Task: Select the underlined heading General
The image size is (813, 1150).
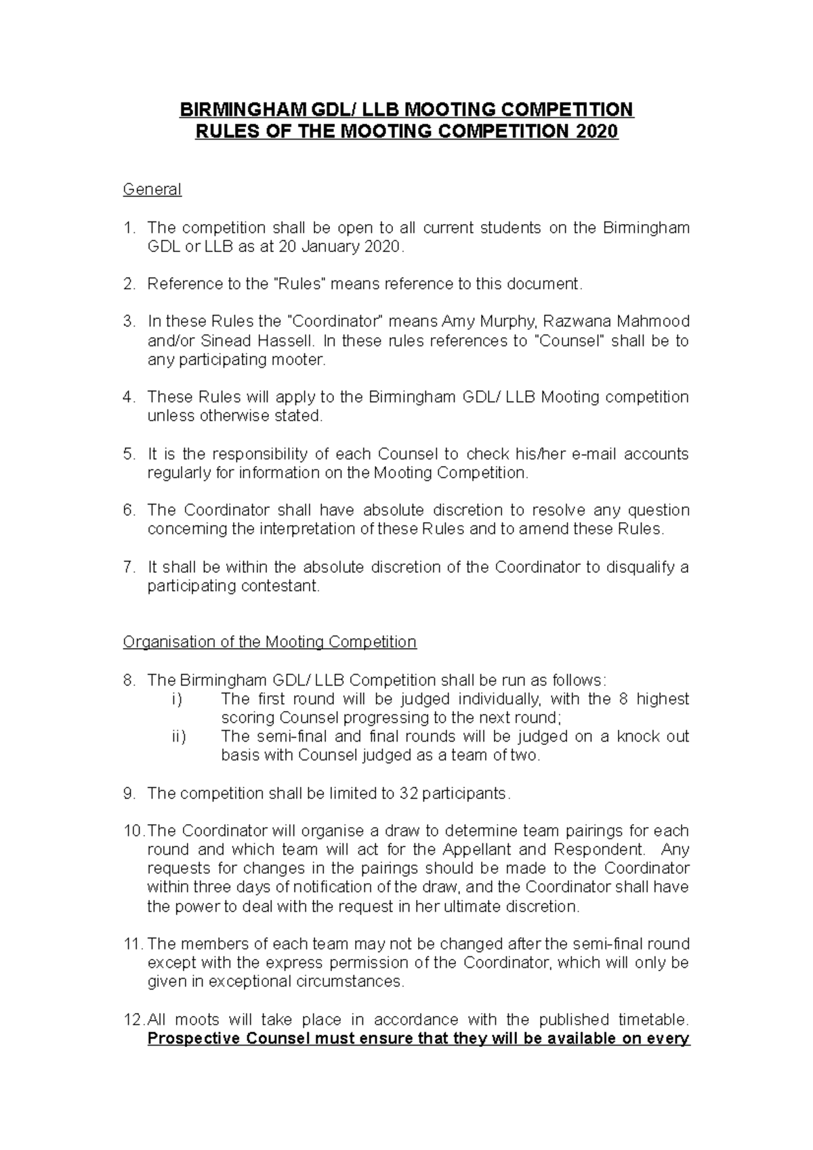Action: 152,190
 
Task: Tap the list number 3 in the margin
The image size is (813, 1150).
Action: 129,321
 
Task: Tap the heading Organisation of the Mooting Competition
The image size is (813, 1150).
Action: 269,642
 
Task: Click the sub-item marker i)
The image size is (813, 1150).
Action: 177,699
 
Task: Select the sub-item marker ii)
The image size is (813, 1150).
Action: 179,736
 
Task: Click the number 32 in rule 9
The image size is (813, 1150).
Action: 409,793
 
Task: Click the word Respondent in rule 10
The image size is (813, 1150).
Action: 600,849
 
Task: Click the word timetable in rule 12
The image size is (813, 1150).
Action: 653,1020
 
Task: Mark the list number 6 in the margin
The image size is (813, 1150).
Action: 129,511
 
